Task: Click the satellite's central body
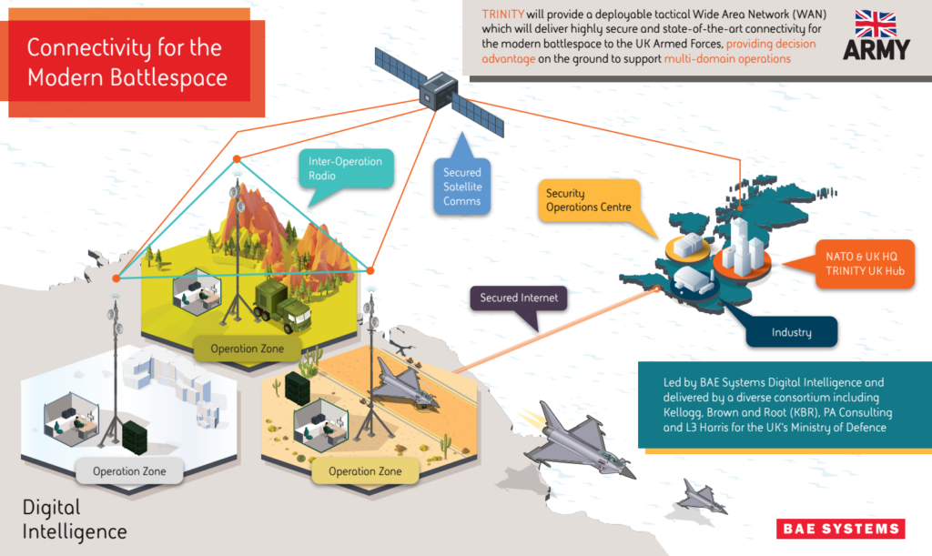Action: [x=439, y=91]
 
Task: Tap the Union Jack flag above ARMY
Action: [x=876, y=23]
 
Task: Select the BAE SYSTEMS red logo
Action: [x=840, y=529]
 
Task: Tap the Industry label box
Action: [x=792, y=332]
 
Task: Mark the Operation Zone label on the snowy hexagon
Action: [x=129, y=471]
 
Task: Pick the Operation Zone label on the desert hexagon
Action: [x=365, y=471]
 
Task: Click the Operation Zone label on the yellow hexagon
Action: [x=248, y=349]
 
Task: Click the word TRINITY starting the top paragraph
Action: [x=502, y=15]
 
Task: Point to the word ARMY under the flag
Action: [x=876, y=49]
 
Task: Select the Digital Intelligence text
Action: [x=75, y=520]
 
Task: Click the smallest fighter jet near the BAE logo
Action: [x=701, y=497]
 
